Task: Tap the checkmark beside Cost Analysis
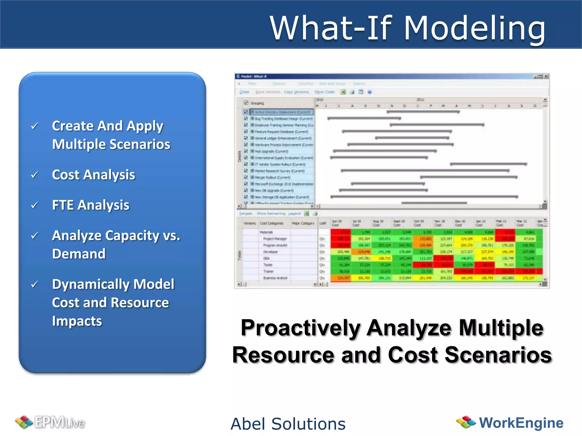coord(35,175)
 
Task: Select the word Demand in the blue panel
coord(79,253)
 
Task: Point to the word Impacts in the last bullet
coord(77,321)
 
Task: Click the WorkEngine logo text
coord(521,423)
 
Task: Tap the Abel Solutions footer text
coord(288,424)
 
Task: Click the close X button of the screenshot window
coord(546,76)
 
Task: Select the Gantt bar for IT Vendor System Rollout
coord(488,164)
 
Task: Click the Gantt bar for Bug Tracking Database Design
coord(364,118)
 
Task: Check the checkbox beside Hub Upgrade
coord(246,151)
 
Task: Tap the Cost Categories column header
coord(271,223)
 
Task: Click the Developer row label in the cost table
coord(270,252)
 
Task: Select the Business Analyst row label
coord(275,278)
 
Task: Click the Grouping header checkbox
coord(246,103)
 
